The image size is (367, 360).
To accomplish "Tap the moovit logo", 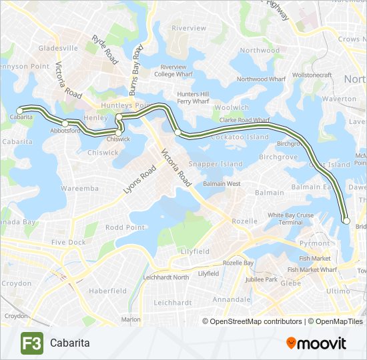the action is tap(316, 343).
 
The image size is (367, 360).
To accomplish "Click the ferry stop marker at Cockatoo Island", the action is tap(177, 133).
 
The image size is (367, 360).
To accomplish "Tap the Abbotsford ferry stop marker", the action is tap(65, 123).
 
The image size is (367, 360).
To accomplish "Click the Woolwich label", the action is tap(232, 107).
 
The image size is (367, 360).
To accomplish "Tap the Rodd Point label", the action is tap(125, 227).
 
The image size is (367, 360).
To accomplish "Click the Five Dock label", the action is tap(68, 243).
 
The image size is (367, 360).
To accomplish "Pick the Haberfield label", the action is tap(107, 291).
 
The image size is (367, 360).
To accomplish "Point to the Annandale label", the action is tap(231, 300).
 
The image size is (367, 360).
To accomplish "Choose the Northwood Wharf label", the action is tap(261, 79).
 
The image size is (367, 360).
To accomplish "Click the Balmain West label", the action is tap(222, 183).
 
